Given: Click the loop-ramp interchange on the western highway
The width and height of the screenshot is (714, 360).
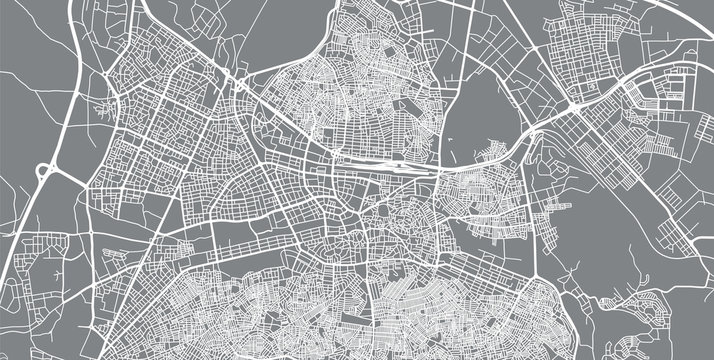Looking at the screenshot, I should coord(46,173).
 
